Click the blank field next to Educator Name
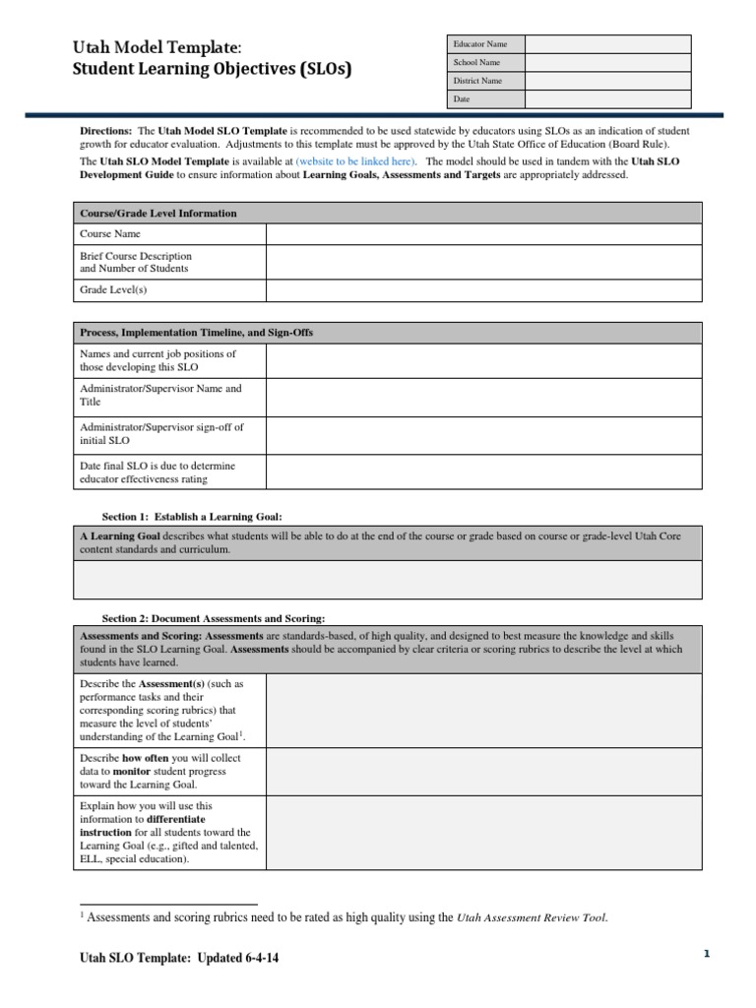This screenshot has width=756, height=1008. (x=607, y=44)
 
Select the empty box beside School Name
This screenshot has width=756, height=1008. (x=607, y=62)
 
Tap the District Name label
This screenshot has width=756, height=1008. (x=477, y=81)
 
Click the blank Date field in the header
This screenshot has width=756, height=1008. (x=607, y=99)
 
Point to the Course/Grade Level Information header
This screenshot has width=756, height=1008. (x=158, y=213)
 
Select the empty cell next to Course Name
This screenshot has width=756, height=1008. (x=483, y=234)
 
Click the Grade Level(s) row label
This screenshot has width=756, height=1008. (x=113, y=290)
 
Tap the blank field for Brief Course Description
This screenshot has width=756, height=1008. (x=483, y=262)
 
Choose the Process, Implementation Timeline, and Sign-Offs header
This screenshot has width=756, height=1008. (x=197, y=333)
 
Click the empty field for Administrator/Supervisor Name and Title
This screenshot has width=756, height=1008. (x=483, y=395)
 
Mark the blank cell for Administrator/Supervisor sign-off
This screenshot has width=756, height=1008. (x=483, y=433)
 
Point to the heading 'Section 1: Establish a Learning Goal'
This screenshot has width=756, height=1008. (x=192, y=516)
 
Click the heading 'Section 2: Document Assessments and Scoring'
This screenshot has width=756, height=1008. (x=214, y=618)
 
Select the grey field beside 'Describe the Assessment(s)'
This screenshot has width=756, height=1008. (x=483, y=711)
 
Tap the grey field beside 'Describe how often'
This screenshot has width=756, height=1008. (x=483, y=772)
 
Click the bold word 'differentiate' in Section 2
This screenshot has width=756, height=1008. (x=176, y=819)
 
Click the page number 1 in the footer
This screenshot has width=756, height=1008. (x=706, y=954)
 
